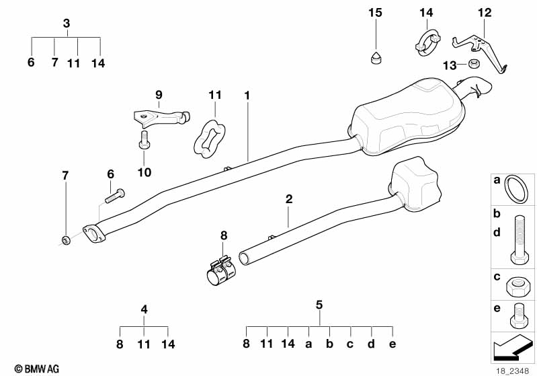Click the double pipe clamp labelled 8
(221, 270)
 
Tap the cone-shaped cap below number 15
(376, 58)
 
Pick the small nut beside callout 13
(474, 63)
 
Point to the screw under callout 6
(115, 196)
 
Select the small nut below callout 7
(65, 240)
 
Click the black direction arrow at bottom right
(512, 347)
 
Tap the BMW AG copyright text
(37, 369)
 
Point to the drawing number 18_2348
(511, 371)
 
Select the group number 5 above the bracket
(319, 304)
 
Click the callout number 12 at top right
(485, 13)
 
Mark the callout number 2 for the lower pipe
(289, 199)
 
